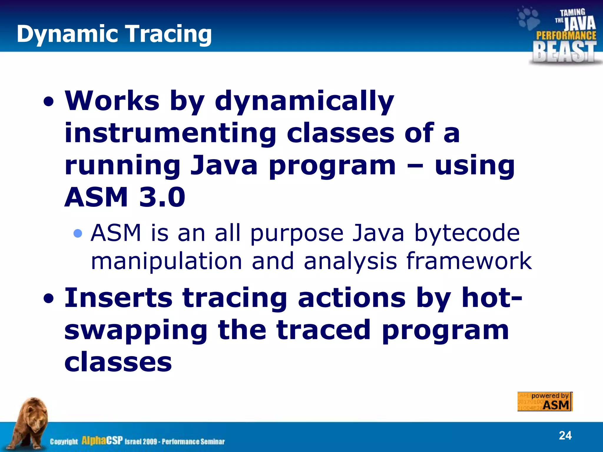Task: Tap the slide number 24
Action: click(565, 435)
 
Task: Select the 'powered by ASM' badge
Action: click(545, 401)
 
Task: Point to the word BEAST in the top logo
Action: click(564, 52)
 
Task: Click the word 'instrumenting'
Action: click(170, 133)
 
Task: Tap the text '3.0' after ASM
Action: click(162, 197)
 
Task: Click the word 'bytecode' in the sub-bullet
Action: click(467, 233)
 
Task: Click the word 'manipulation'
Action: click(166, 261)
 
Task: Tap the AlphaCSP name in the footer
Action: click(102, 441)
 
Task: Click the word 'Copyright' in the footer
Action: click(64, 442)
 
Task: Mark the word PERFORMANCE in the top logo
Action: click(566, 36)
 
